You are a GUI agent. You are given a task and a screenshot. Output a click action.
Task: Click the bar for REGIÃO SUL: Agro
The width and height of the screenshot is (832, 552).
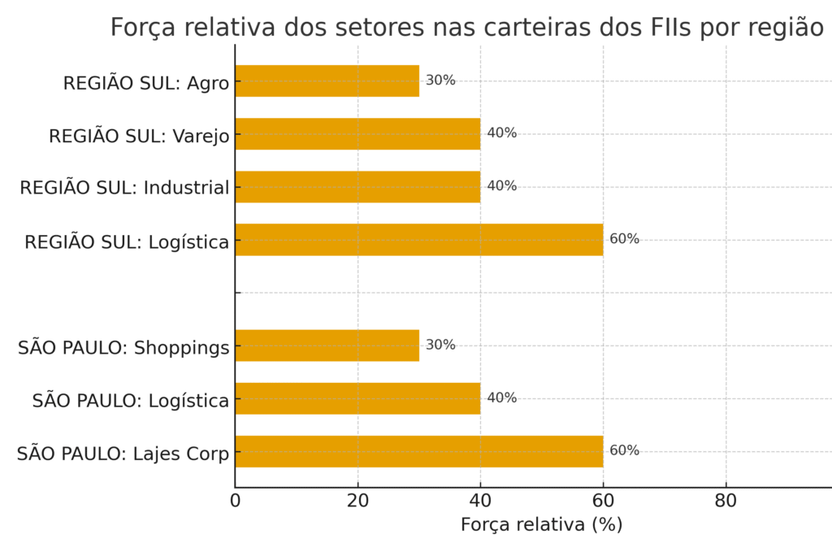click(327, 80)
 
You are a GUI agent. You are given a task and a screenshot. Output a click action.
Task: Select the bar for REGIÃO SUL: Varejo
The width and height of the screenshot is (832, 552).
click(357, 133)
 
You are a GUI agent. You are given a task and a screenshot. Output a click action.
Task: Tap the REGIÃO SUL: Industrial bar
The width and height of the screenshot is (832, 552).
click(357, 186)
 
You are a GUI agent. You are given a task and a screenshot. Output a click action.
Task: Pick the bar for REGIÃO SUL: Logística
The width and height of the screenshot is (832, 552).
click(419, 239)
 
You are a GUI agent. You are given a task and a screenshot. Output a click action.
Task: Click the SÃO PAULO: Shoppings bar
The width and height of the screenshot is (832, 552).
click(327, 345)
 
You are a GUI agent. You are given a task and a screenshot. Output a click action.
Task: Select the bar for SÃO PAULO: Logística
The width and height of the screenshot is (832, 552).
click(357, 398)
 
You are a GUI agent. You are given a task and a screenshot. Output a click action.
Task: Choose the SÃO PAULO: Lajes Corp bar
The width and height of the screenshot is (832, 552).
click(419, 450)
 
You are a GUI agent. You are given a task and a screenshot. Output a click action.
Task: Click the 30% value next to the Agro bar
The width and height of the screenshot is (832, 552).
click(440, 80)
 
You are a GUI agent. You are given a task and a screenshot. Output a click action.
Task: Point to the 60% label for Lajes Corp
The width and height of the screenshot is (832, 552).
click(624, 450)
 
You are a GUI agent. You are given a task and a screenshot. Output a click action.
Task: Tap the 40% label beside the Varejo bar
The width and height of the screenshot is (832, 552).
click(501, 133)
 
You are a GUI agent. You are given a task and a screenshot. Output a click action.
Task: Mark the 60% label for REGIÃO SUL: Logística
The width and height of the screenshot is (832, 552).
click(624, 239)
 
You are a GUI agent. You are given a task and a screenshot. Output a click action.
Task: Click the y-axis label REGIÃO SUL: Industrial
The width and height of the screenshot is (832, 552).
click(124, 188)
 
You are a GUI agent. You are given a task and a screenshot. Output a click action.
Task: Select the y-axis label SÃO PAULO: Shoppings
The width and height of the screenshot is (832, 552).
click(123, 348)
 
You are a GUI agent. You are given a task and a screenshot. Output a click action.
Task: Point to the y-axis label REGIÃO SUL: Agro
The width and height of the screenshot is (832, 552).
click(146, 83)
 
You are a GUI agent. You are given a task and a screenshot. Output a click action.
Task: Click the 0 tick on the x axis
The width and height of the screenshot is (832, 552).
click(236, 501)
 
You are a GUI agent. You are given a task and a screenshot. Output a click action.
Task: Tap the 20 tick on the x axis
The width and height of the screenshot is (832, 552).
click(357, 501)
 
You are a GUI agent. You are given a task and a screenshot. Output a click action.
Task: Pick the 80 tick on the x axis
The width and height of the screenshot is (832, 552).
click(726, 501)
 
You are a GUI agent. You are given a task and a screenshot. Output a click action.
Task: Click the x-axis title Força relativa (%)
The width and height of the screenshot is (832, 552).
click(541, 525)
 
